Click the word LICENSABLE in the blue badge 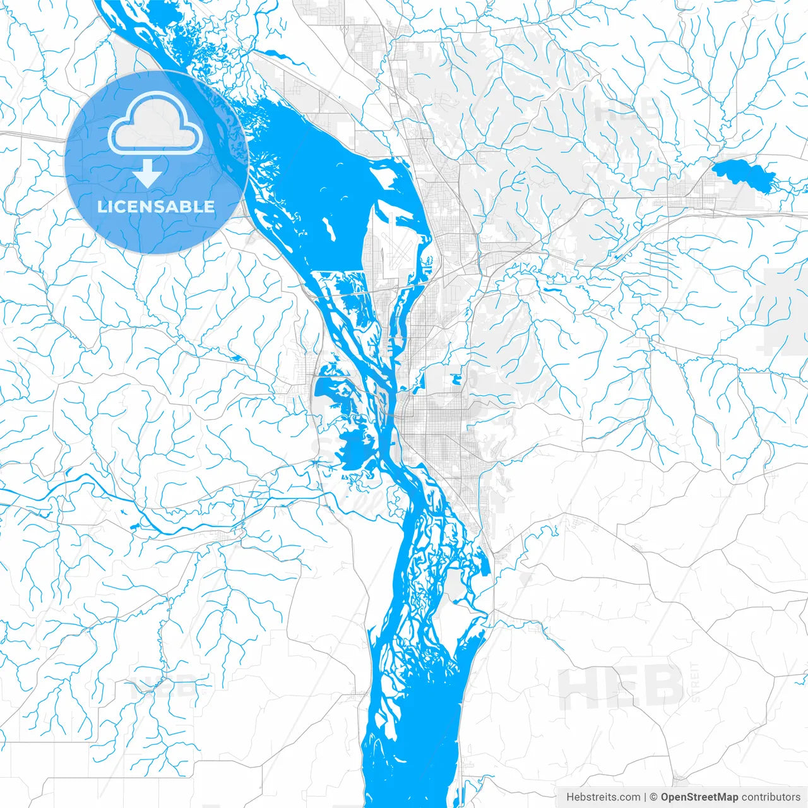156,207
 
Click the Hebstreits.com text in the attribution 603,797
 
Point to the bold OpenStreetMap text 699,797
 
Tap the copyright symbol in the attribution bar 654,797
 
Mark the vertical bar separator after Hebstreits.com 645,797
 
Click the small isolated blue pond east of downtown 455,379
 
